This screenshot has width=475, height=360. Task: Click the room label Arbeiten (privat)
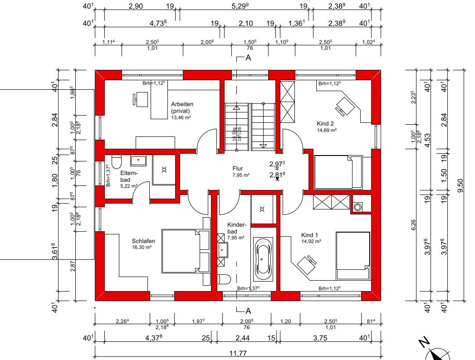tap(182, 107)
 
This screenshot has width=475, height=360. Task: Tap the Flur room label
tap(238, 169)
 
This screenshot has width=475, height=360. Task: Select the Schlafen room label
tap(143, 241)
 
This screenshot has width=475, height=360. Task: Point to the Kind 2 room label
tap(325, 123)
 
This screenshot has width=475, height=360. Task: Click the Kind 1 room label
tap(309, 235)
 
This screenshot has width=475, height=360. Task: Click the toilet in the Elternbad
tap(116, 162)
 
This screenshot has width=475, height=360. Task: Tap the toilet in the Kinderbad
tap(224, 279)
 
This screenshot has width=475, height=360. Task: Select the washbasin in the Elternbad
tap(138, 160)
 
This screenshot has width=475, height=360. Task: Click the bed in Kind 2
tap(338, 172)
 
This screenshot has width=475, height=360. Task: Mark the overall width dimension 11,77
tap(238, 353)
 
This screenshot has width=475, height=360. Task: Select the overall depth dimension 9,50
tap(460, 185)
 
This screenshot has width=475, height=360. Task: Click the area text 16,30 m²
tap(142, 248)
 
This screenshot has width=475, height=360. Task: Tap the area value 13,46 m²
tap(181, 117)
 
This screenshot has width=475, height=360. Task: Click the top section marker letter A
tap(249, 58)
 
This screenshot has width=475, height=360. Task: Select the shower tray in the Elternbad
tap(164, 170)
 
